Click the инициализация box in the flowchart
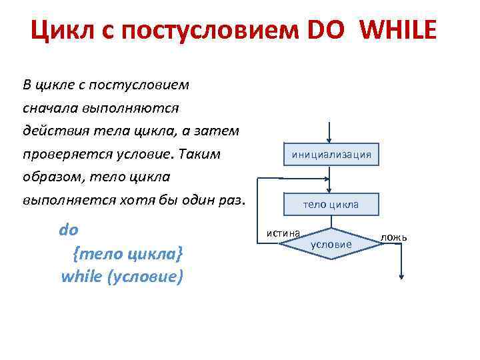click(331, 155)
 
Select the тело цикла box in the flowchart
click(331, 204)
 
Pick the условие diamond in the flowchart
click(331, 245)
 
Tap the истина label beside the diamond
click(283, 233)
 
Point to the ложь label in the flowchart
click(394, 238)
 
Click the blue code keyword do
click(69, 231)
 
